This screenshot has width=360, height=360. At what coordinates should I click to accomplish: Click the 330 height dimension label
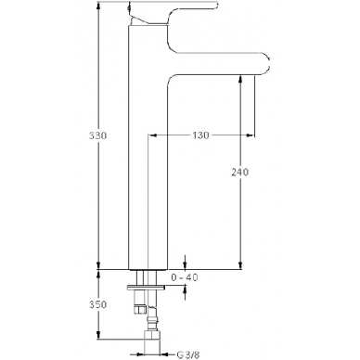[x=97, y=135]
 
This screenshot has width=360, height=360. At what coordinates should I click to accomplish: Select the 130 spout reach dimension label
[x=200, y=135]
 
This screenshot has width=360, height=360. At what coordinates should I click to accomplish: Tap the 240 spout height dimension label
[x=239, y=172]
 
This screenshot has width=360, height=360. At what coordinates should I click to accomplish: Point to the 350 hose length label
[x=97, y=304]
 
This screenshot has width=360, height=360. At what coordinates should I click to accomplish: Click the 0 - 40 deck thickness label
[x=185, y=277]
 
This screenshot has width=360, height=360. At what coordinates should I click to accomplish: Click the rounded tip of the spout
[x=268, y=63]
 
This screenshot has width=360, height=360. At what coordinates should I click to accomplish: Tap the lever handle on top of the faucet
[x=174, y=12]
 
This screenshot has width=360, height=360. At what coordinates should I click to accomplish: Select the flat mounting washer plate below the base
[x=146, y=288]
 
